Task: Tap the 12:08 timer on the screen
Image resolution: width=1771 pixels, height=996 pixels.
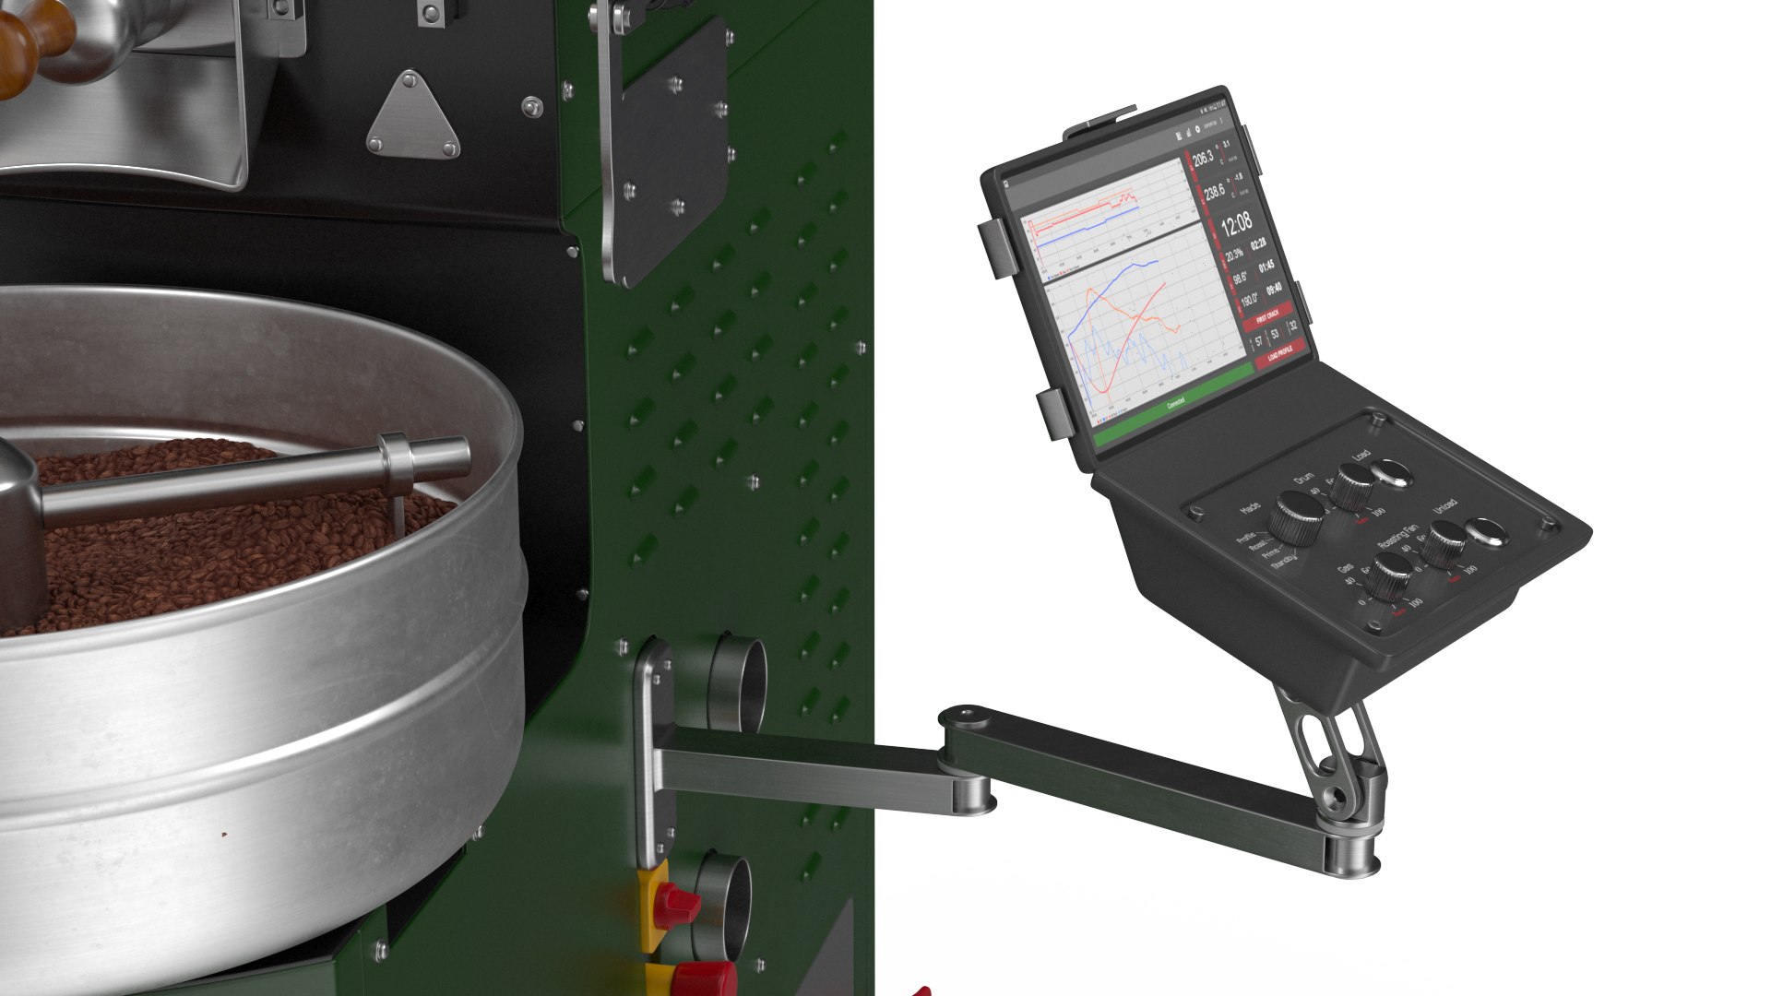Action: (x=1236, y=222)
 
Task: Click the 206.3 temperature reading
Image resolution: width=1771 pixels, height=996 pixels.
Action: (x=1203, y=159)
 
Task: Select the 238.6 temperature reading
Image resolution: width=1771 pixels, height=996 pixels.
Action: (x=1215, y=191)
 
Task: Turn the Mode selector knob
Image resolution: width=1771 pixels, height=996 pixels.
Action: (x=1297, y=516)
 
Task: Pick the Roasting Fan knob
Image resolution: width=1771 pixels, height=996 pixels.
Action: (x=1444, y=542)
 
